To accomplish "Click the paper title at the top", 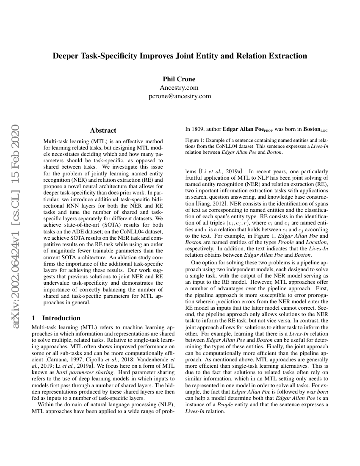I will (180, 56).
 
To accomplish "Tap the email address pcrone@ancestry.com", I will (179, 96).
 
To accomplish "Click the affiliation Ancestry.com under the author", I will (179, 88).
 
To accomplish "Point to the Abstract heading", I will (103, 130).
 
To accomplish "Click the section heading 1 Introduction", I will (56, 318).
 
